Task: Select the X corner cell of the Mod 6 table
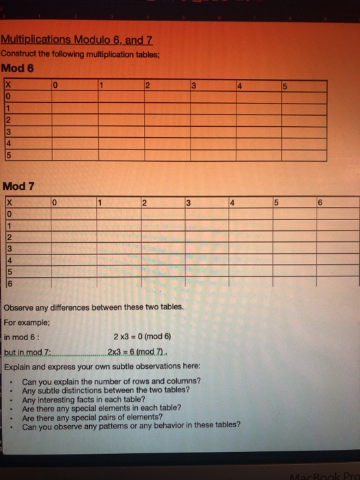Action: pyautogui.click(x=8, y=86)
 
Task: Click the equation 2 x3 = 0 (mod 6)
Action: pyautogui.click(x=142, y=336)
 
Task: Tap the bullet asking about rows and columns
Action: pyautogui.click(x=111, y=381)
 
